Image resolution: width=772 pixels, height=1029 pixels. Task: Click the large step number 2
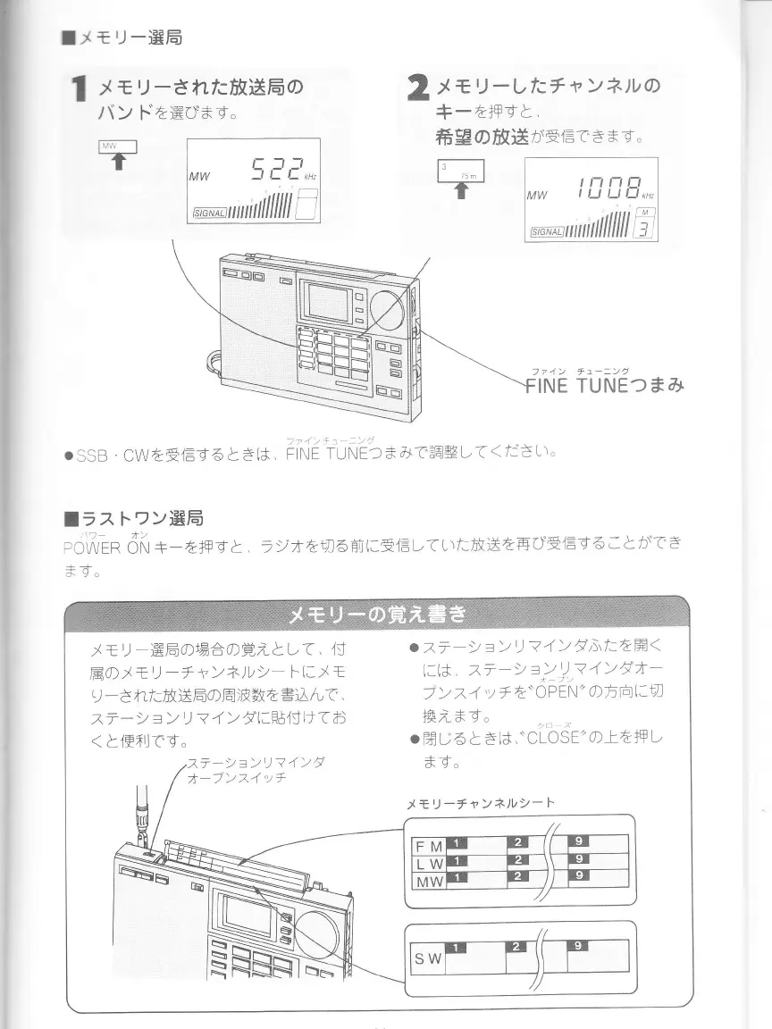coord(416,88)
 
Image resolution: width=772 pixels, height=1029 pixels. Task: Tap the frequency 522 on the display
coord(269,170)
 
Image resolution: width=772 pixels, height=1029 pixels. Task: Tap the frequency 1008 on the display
coord(600,188)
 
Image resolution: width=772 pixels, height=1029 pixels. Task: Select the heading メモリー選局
coord(123,38)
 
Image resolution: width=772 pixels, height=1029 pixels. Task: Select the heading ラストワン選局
coord(134,519)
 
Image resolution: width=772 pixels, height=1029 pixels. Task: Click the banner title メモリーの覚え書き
coord(377,615)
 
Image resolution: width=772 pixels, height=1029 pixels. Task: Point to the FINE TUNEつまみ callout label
coord(604,386)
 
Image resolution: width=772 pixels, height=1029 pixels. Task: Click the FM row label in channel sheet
coord(428,845)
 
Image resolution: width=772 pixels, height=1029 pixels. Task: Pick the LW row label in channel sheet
coord(428,863)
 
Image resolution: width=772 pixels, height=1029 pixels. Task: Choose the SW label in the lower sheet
coord(428,959)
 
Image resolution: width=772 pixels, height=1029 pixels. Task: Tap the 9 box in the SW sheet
coord(579,947)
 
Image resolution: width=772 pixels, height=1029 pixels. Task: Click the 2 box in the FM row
coord(516,841)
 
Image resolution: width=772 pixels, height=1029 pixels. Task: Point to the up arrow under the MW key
coord(117,162)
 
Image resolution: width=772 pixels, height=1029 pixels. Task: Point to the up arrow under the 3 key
coord(461,189)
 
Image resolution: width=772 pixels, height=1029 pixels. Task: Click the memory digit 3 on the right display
coord(643,228)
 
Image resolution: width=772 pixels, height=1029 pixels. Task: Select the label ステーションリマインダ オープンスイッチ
coord(255,770)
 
